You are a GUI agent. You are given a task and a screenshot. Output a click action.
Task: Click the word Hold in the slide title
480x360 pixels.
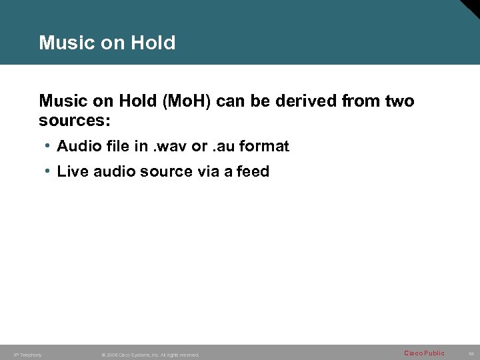click(155, 43)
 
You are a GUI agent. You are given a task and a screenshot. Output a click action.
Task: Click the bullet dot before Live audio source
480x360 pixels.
click(49, 171)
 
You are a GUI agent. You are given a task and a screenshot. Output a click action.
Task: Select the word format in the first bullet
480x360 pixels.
click(265, 146)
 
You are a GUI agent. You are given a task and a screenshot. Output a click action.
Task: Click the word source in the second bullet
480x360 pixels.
click(164, 171)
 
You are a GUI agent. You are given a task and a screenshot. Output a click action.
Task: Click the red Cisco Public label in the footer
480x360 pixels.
click(424, 353)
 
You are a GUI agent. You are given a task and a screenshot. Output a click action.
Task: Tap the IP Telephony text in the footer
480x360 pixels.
click(28, 355)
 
